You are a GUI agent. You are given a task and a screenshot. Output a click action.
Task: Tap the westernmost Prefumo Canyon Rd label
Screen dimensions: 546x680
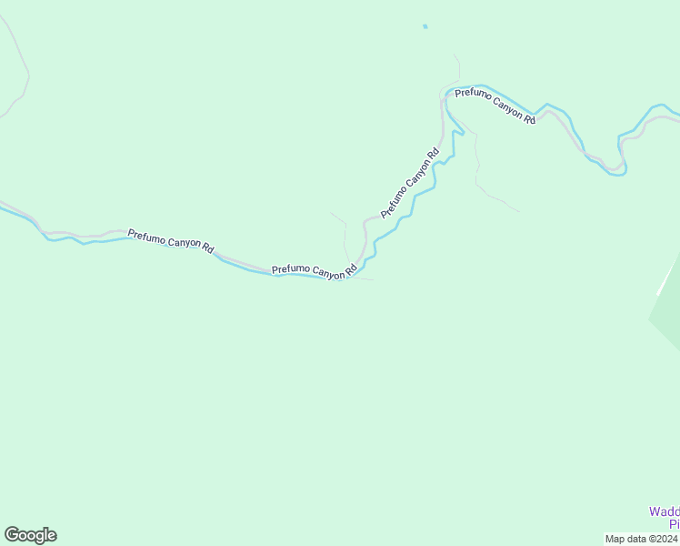click(x=171, y=241)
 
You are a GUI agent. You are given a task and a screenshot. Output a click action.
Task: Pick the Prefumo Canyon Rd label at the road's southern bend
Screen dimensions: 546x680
click(x=314, y=271)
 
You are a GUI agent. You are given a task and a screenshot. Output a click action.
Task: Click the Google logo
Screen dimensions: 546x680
click(x=30, y=535)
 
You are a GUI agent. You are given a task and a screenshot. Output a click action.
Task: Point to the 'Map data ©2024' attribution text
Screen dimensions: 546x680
click(x=642, y=539)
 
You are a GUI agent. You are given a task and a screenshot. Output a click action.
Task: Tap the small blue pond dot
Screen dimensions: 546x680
click(x=425, y=26)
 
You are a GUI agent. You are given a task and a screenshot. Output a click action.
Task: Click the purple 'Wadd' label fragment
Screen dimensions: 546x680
click(x=664, y=512)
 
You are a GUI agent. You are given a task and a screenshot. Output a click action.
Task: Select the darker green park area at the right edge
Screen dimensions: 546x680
click(x=668, y=318)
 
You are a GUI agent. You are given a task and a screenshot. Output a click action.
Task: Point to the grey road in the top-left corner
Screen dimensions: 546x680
click(x=18, y=64)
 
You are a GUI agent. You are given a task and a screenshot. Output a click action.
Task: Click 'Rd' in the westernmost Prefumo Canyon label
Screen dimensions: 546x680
click(x=207, y=248)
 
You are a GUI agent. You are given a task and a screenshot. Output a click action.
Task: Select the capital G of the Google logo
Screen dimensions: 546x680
click(x=12, y=535)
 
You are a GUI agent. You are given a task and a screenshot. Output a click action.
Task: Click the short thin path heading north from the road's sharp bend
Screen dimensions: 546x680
click(x=456, y=68)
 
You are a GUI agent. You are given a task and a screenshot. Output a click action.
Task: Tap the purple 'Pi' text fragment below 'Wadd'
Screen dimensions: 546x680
click(x=675, y=524)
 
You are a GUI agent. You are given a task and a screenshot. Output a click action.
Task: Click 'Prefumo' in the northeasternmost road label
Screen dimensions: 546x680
click(x=473, y=96)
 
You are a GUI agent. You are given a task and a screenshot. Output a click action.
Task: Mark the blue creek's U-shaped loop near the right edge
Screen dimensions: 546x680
click(x=616, y=168)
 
